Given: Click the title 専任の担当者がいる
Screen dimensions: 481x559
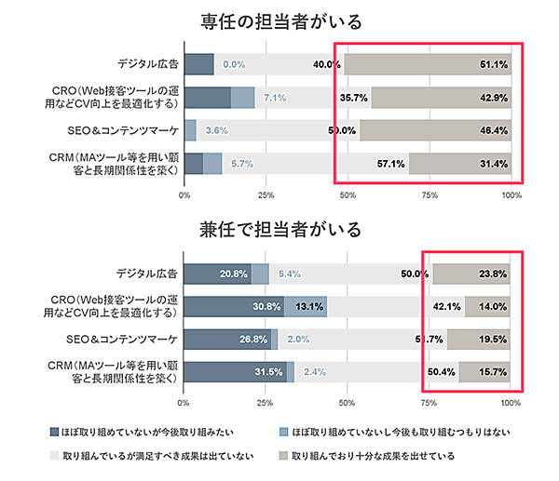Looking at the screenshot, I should pos(280,21).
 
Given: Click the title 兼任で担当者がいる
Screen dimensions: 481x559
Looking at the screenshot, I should pos(280,229).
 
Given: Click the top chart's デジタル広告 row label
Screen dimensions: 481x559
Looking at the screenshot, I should pos(147,64).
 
